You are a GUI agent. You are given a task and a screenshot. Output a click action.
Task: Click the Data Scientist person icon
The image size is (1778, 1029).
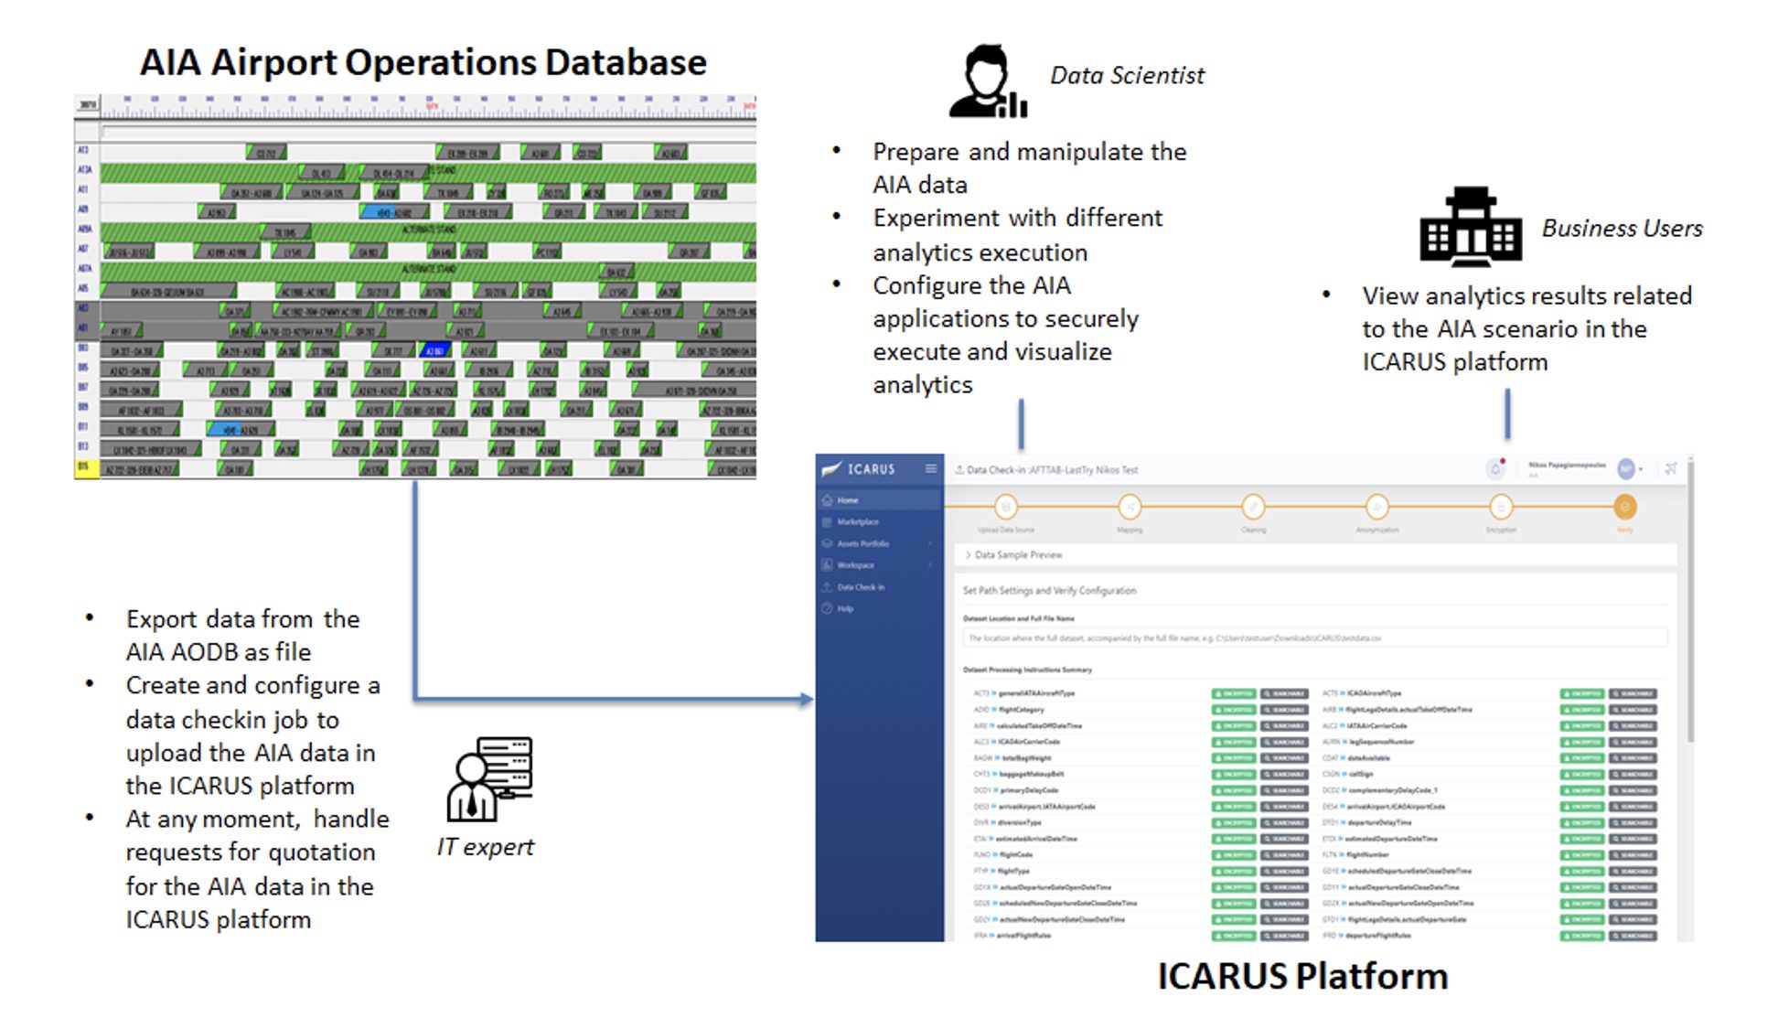click(987, 81)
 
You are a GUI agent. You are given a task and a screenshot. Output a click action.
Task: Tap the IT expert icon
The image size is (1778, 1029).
click(489, 779)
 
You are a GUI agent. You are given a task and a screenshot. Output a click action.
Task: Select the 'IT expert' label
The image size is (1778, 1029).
click(485, 847)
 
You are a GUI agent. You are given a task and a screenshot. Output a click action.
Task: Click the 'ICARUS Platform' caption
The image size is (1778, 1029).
click(1302, 976)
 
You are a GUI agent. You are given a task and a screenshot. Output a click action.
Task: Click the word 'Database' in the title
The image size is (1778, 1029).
click(626, 62)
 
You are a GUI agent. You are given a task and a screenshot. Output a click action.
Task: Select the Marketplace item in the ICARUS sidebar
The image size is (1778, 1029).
click(857, 522)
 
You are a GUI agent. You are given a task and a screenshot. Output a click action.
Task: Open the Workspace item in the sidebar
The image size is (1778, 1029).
click(855, 565)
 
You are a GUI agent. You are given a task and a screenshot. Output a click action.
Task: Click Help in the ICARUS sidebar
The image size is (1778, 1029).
click(845, 608)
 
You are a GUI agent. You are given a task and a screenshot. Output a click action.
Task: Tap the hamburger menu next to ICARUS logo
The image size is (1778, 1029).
click(930, 469)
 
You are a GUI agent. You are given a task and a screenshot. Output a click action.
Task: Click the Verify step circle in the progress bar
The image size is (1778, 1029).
click(1624, 507)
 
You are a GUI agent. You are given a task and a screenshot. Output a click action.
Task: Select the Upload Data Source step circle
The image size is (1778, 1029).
click(1006, 507)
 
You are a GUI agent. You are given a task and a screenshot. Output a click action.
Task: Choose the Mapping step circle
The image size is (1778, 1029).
click(1130, 507)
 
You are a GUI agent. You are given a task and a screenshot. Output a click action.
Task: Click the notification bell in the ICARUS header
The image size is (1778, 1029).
click(1495, 469)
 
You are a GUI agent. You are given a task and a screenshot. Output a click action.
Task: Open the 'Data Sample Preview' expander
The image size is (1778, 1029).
click(1017, 555)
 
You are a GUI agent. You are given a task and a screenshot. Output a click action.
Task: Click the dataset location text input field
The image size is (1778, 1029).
click(1313, 638)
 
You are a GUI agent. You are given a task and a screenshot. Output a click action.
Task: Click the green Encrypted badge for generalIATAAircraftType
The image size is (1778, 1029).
click(1233, 693)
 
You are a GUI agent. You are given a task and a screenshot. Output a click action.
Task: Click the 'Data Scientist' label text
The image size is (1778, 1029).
click(1127, 76)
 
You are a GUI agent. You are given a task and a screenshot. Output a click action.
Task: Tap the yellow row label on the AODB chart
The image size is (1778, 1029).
click(86, 468)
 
